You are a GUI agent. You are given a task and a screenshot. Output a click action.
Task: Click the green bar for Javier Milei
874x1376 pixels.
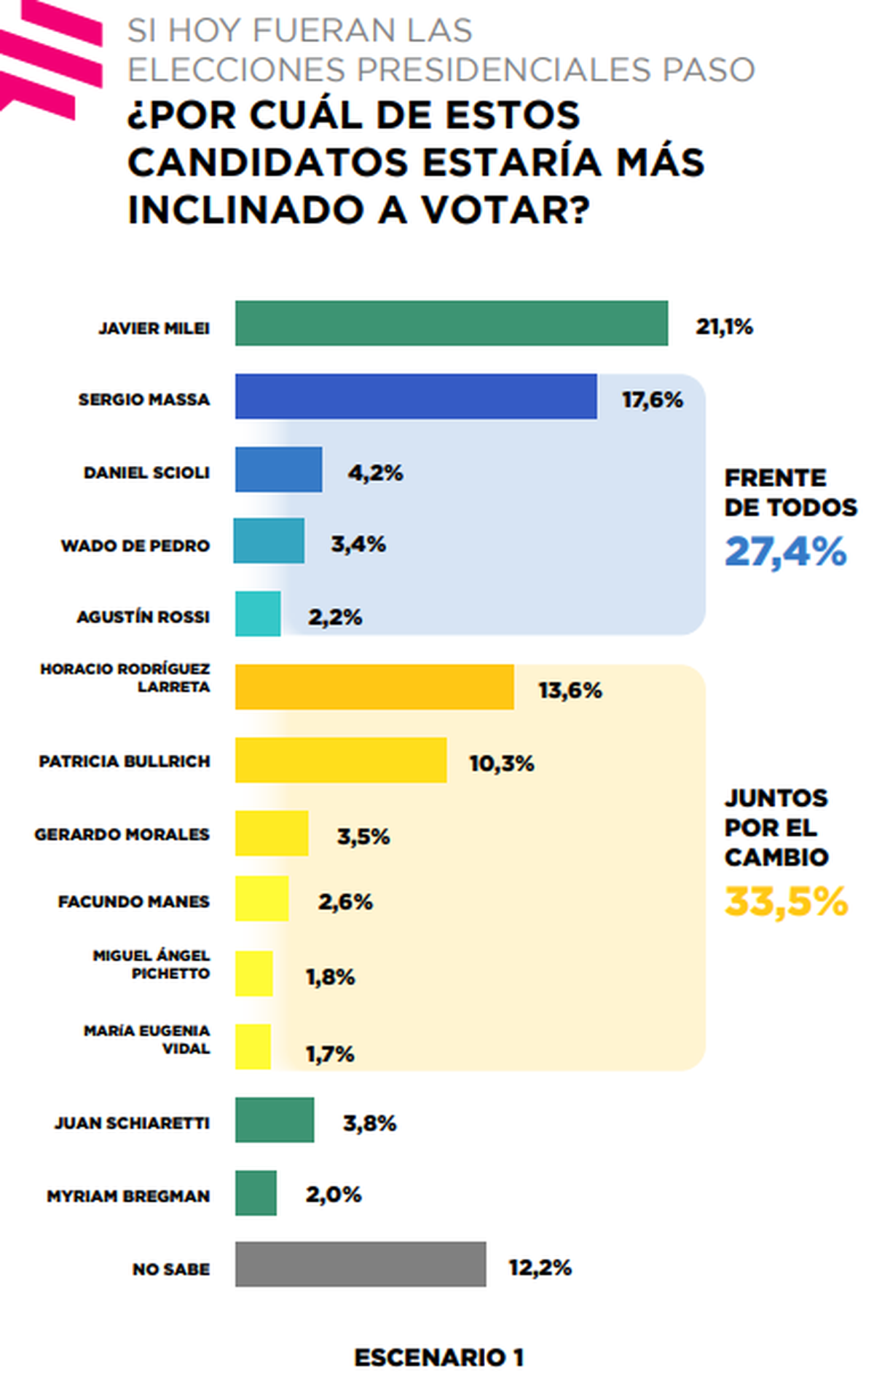pyautogui.click(x=451, y=323)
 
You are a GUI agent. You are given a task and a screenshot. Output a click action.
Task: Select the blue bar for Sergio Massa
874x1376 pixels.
pyautogui.click(x=415, y=397)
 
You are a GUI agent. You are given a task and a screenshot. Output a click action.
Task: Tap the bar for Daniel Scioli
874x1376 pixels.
pyautogui.click(x=278, y=470)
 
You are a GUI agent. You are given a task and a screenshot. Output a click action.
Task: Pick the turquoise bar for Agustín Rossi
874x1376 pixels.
pyautogui.click(x=257, y=614)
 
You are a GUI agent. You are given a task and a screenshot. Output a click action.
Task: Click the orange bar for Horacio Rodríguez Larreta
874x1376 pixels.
pyautogui.click(x=374, y=687)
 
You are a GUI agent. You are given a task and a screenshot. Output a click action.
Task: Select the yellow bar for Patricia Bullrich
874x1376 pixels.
pyautogui.click(x=340, y=760)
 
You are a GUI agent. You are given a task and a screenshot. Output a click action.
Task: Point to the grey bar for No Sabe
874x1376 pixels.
pyautogui.click(x=360, y=1265)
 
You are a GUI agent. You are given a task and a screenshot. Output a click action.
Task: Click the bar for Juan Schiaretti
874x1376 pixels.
pyautogui.click(x=274, y=1120)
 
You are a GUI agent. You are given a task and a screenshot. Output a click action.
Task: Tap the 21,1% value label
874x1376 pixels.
pyautogui.click(x=724, y=327)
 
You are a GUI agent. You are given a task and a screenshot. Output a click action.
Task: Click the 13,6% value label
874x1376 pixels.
pyautogui.click(x=570, y=690)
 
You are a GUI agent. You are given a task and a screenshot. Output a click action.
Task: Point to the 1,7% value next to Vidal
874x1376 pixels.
pyautogui.click(x=330, y=1053)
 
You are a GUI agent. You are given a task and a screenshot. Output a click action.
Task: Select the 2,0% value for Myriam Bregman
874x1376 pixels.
pyautogui.click(x=334, y=1195)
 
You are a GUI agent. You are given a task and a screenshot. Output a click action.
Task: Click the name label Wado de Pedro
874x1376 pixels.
pyautogui.click(x=135, y=545)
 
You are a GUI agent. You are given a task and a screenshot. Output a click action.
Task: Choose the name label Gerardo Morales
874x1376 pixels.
pyautogui.click(x=122, y=834)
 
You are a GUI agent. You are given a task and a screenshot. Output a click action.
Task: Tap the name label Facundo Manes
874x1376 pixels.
pyautogui.click(x=134, y=901)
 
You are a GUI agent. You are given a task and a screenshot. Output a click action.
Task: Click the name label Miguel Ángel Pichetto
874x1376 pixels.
pyautogui.click(x=151, y=964)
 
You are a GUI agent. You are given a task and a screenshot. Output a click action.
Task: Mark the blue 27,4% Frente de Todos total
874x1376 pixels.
pyautogui.click(x=786, y=551)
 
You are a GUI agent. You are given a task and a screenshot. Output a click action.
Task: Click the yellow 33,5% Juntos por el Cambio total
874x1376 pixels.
pyautogui.click(x=786, y=901)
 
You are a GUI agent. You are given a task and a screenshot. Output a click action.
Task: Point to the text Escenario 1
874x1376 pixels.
pyautogui.click(x=438, y=1358)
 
